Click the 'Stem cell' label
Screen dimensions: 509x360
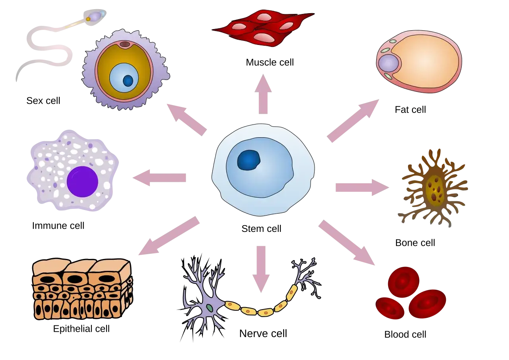pos(261,229)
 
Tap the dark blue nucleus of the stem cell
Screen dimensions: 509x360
pos(249,160)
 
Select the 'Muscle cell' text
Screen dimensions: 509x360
pos(270,62)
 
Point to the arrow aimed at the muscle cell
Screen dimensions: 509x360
pos(263,94)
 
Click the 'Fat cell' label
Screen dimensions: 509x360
pos(410,109)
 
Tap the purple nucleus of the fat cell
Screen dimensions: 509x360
pos(389,63)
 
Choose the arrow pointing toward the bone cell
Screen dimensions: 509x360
pos(362,187)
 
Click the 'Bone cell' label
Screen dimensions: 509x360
pos(415,243)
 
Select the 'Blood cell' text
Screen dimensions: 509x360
pos(405,334)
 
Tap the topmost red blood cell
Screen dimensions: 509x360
pos(403,282)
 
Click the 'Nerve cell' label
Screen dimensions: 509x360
pos(263,333)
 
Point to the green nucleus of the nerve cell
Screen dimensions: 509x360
pos(210,308)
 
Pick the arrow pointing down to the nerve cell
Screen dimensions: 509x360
pos(261,269)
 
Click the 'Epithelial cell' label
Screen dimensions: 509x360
pos(82,329)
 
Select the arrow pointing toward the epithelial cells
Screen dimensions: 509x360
pos(169,235)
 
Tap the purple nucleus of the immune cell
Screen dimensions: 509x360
pos(82,181)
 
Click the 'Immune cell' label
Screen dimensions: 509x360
pos(58,226)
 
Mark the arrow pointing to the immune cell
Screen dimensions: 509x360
pos(159,178)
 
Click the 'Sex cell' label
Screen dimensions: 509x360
pos(43,101)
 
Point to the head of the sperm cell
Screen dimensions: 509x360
pos(95,17)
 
